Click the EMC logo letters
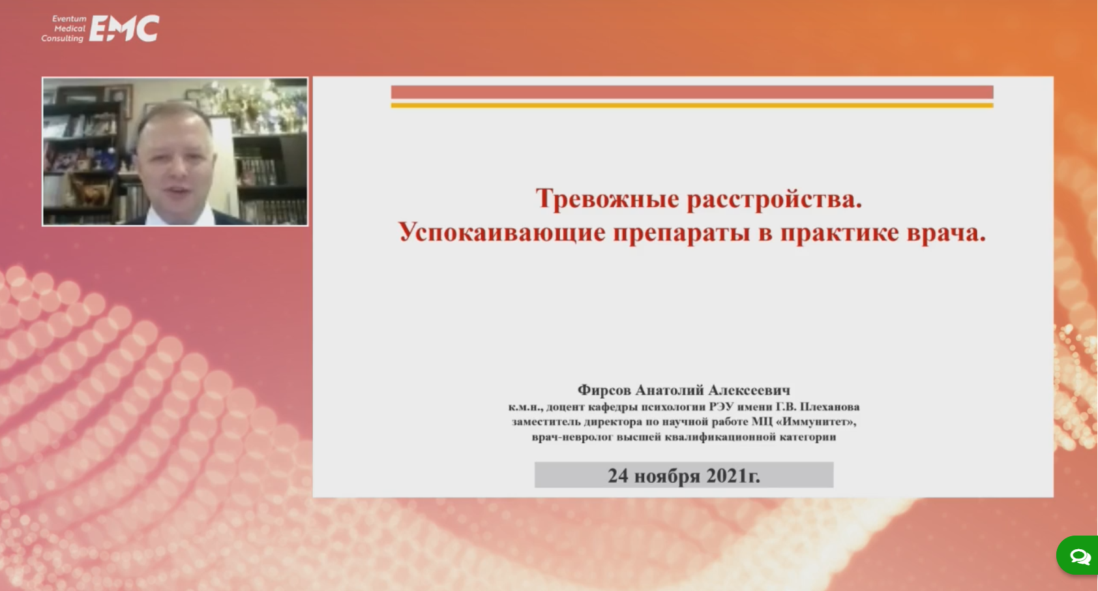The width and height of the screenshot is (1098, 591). coord(125,28)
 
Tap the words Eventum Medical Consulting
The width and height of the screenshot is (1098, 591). coord(64,29)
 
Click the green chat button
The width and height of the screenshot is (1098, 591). coord(1078,556)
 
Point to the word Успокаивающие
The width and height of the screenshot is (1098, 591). coord(501,232)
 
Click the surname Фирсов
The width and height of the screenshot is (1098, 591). coord(604,390)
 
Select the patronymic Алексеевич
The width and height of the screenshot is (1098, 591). coord(749,390)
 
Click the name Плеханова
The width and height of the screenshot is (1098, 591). coord(829,406)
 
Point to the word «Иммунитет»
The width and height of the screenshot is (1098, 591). coord(816,421)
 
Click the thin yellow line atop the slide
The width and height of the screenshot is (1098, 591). coord(692,105)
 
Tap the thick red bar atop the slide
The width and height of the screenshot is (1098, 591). coord(692,92)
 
